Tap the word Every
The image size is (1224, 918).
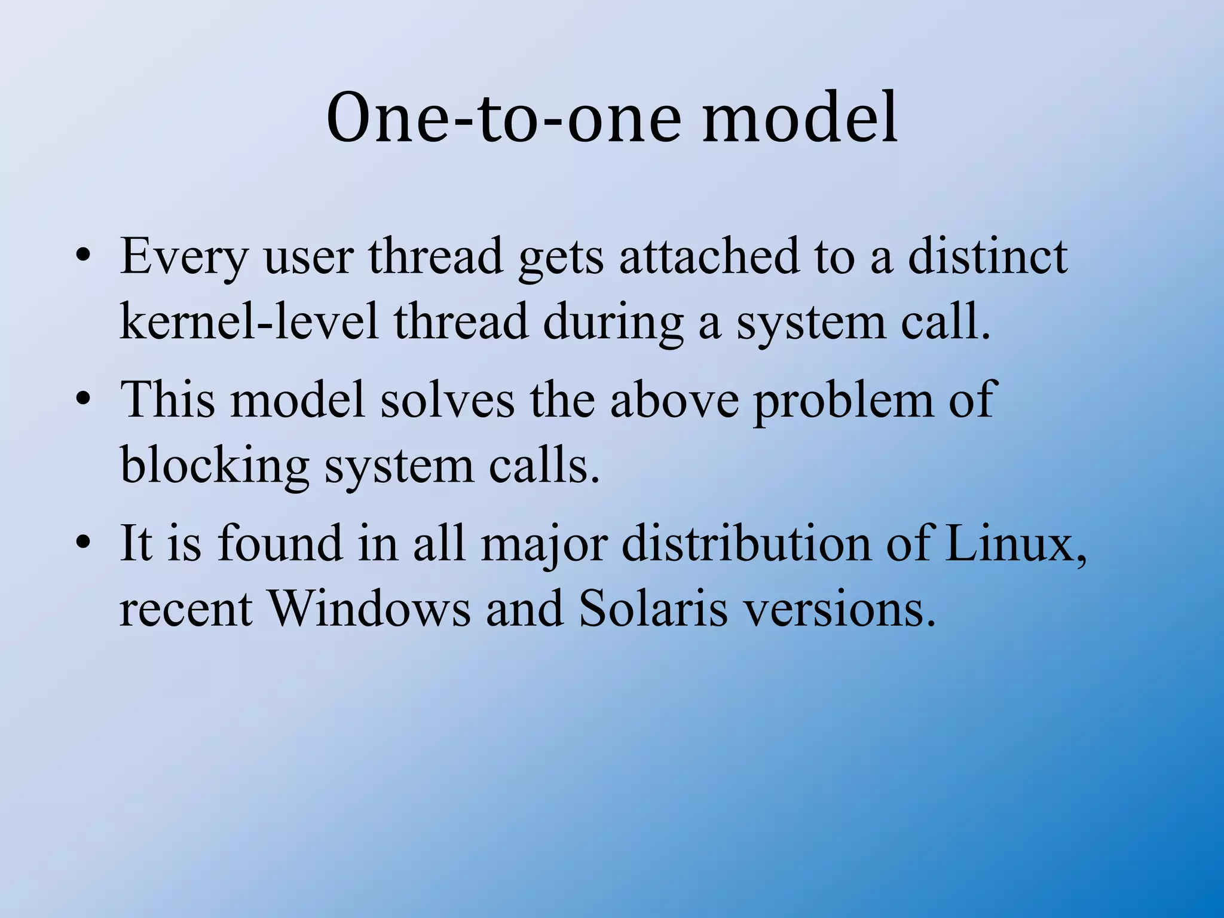click(x=184, y=257)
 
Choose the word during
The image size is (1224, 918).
click(x=613, y=323)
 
